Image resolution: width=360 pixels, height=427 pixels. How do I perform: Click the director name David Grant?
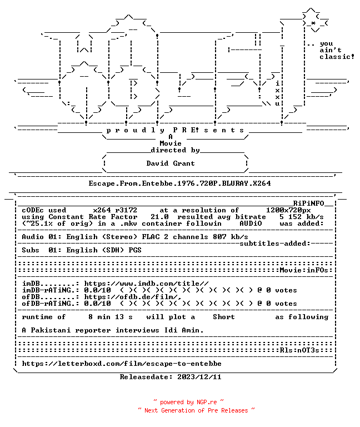click(171, 163)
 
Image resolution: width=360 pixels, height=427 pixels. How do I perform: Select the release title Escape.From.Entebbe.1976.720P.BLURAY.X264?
click(179, 183)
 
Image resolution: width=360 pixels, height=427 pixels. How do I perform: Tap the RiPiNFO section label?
click(308, 203)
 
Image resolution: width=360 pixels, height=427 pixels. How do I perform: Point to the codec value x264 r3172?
click(115, 210)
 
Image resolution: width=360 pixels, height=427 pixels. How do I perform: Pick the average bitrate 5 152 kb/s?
click(302, 217)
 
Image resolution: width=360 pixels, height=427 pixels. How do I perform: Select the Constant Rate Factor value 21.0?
click(160, 217)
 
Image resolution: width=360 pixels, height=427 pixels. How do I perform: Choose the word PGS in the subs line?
click(135, 250)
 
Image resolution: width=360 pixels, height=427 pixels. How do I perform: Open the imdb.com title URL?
click(147, 284)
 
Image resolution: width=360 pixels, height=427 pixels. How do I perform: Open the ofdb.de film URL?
click(133, 297)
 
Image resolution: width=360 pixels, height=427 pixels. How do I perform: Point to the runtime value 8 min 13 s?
click(111, 317)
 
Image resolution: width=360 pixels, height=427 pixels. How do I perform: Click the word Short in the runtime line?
click(224, 317)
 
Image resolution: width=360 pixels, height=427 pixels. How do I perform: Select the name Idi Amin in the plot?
click(184, 330)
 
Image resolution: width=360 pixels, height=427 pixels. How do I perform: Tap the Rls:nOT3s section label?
click(299, 350)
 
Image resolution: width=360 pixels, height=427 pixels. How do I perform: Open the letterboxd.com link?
click(122, 364)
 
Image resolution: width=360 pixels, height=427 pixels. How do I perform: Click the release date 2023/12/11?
click(199, 377)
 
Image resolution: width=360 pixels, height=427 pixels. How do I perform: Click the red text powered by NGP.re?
click(188, 402)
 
